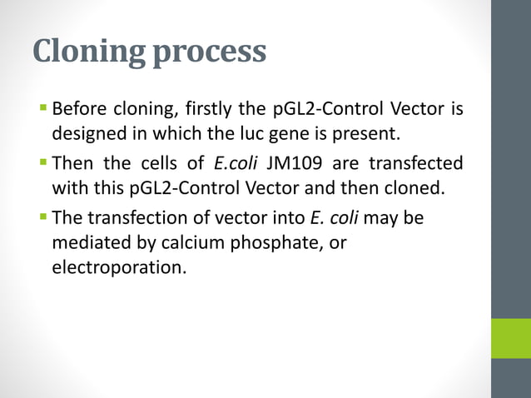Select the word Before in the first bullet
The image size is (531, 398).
(x=78, y=109)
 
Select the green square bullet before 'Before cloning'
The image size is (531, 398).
(x=43, y=107)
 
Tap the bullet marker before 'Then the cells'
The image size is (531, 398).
(x=43, y=162)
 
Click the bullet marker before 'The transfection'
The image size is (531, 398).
(x=43, y=216)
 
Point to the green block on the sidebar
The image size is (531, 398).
(x=510, y=338)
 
